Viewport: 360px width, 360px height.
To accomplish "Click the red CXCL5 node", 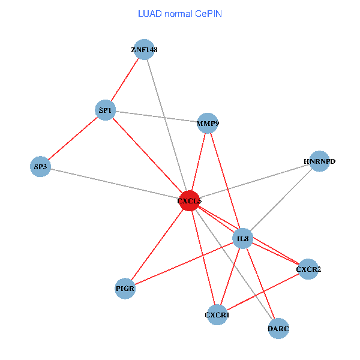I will coord(190,201).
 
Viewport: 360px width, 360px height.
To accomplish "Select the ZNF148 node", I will coord(144,50).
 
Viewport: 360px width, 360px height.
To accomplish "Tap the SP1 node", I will coord(106,110).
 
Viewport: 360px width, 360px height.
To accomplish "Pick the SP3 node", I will coord(40,166).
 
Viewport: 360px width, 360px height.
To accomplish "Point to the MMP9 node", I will coord(208,124).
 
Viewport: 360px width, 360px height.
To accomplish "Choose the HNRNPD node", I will coord(320,161).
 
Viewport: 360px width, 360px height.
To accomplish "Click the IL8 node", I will coord(243,239).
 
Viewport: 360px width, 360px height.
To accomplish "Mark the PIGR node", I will coord(125,289).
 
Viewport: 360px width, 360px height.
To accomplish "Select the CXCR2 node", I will coord(308,269).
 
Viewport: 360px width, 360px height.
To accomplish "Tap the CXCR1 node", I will coord(217,314).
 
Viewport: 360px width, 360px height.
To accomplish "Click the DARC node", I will coord(278,328).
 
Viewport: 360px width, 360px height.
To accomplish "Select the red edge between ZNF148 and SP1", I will coord(125,80).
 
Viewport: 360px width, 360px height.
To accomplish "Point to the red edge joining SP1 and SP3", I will coord(73,139).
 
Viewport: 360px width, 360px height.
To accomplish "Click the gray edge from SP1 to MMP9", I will coord(157,117).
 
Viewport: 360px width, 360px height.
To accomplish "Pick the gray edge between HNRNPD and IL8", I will coord(281,200).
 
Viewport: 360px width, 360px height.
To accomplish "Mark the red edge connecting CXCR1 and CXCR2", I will coord(263,292).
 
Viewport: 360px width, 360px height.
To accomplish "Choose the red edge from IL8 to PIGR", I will coord(184,264).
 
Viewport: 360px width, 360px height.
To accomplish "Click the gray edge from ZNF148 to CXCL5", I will coord(167,125).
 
